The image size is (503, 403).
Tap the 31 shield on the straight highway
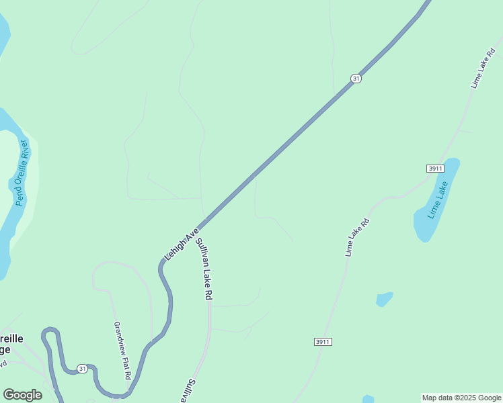tap(356, 79)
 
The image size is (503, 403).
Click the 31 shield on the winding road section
tap(82, 369)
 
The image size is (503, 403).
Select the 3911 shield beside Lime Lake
tap(435, 167)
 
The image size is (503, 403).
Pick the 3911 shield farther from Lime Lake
tap(323, 342)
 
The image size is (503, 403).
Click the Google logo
tap(22, 395)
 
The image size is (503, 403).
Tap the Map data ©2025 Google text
tap(461, 398)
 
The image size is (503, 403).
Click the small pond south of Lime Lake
tap(384, 299)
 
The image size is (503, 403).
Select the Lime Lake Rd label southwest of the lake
tap(357, 237)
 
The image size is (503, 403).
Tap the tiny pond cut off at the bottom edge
tap(368, 399)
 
